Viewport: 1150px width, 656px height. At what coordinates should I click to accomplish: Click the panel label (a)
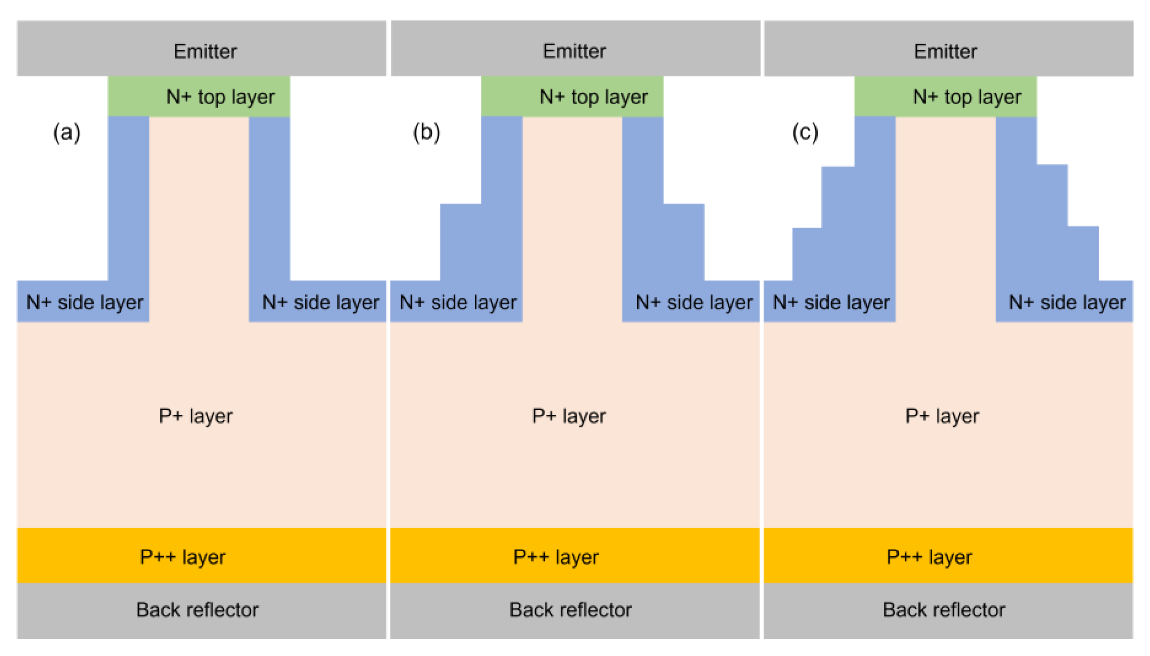click(x=67, y=133)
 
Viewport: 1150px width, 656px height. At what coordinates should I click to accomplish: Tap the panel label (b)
click(x=426, y=133)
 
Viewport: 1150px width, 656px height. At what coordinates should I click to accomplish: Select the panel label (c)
click(x=805, y=133)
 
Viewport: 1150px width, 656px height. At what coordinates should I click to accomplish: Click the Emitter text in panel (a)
click(x=205, y=52)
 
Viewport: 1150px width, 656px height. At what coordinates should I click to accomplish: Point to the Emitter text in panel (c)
click(x=945, y=52)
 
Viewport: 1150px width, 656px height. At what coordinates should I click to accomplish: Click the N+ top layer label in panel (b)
click(x=593, y=97)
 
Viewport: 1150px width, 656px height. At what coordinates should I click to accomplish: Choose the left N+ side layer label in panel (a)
click(x=85, y=302)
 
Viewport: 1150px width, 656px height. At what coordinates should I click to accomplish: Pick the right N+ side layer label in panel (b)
click(x=693, y=302)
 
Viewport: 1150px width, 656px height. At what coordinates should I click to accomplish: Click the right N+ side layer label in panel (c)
click(x=1067, y=302)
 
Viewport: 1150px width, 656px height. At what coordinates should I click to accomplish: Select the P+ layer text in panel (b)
click(x=568, y=416)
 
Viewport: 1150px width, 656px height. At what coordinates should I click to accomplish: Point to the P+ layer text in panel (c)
click(x=942, y=416)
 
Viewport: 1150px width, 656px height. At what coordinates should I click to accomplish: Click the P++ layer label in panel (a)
click(x=183, y=557)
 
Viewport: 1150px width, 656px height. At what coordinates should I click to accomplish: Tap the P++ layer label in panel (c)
click(x=929, y=557)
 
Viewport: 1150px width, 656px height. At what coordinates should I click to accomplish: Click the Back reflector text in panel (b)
click(x=570, y=610)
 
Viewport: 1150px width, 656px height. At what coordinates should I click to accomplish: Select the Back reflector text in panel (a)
click(x=197, y=610)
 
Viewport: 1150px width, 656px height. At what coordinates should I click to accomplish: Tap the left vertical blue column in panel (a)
click(x=129, y=198)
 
